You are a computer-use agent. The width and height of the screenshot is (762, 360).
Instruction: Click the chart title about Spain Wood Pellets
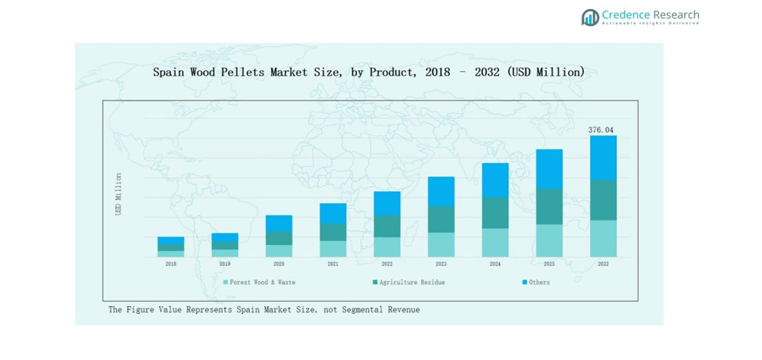click(x=368, y=72)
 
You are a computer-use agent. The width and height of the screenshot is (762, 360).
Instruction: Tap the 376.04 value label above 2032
click(x=603, y=130)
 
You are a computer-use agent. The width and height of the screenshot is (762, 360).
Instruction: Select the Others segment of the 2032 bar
click(x=603, y=158)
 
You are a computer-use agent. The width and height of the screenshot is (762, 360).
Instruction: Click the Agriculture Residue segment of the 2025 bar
click(x=549, y=206)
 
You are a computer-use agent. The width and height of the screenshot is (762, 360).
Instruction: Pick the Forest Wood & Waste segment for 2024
click(x=495, y=243)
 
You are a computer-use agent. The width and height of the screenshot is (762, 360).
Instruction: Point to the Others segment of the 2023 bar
click(x=441, y=191)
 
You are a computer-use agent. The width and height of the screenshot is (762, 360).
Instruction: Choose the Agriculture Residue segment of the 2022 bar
click(x=387, y=226)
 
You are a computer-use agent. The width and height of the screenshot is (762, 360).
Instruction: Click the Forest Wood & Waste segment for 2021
click(x=333, y=249)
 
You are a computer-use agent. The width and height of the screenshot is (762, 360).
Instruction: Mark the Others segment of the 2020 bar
click(x=279, y=223)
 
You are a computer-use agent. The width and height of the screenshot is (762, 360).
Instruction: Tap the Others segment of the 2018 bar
click(x=170, y=240)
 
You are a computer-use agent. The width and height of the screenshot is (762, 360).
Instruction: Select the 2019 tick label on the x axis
click(x=225, y=264)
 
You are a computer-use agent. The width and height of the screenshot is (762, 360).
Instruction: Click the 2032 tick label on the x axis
click(x=603, y=264)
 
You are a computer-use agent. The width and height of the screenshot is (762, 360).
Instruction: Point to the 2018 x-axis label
click(x=170, y=264)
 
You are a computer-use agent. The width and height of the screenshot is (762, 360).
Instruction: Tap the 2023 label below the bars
click(x=441, y=264)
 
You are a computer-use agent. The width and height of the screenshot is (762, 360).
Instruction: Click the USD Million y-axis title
click(x=118, y=194)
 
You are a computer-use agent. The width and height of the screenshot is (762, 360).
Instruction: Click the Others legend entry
click(x=539, y=282)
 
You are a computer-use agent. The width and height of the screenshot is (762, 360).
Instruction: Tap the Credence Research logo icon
click(x=589, y=17)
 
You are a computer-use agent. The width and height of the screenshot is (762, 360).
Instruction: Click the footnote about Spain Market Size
click(x=264, y=309)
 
